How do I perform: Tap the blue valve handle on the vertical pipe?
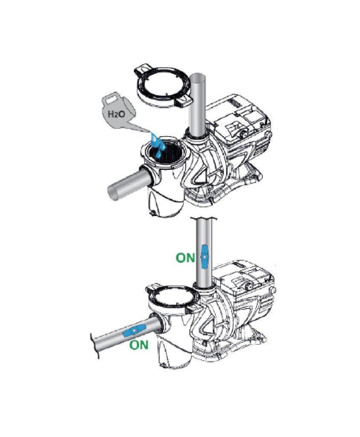[204, 257]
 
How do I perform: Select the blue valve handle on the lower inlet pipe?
[134, 331]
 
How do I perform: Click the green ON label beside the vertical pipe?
[185, 257]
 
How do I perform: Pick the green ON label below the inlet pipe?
[139, 345]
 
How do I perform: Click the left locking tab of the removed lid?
[142, 70]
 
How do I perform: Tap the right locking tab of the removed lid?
[184, 101]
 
